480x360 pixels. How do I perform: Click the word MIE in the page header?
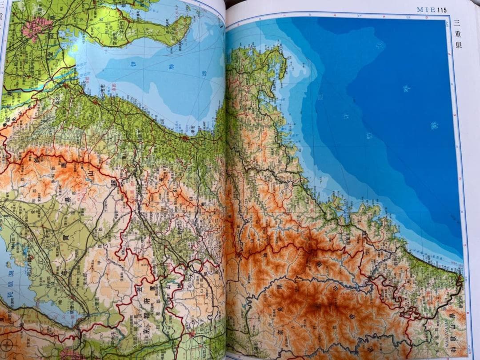pos(425,9)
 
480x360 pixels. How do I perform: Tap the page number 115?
pos(441,10)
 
